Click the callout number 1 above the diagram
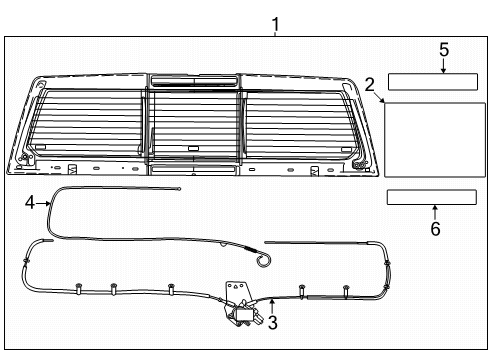(275, 22)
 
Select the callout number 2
(370, 85)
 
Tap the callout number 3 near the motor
(272, 322)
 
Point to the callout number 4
(30, 202)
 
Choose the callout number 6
(435, 228)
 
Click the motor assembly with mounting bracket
(243, 304)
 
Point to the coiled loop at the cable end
(263, 261)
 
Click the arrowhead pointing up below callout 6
(435, 209)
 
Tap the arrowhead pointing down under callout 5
(444, 68)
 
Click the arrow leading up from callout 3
(272, 306)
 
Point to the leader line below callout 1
(275, 32)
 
